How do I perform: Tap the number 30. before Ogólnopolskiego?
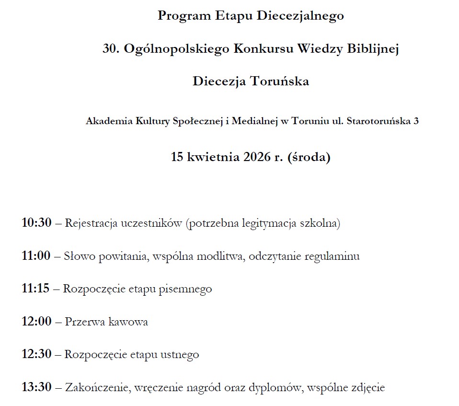(111, 48)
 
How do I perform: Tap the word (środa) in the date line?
(309, 157)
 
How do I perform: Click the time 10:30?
(36, 223)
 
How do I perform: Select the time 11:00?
(36, 256)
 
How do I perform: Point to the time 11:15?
(35, 289)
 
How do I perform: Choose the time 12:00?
(36, 321)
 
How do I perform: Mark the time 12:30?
(36, 355)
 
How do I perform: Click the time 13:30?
(36, 387)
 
